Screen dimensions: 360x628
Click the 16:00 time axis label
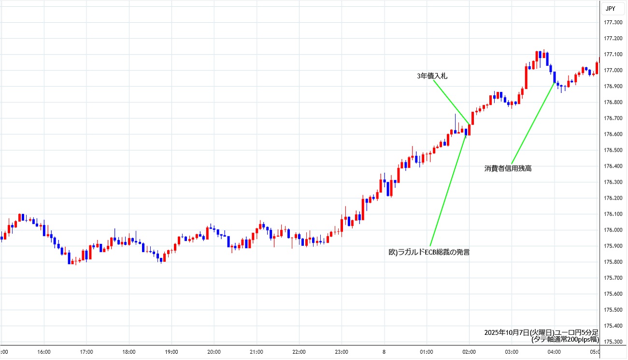pos(44,352)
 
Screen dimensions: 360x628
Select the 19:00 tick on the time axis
pos(171,352)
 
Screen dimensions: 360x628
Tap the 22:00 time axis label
pos(299,352)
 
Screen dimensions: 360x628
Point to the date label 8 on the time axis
pos(384,352)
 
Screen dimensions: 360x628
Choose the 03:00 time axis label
pos(512,352)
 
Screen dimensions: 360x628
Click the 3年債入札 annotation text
pos(433,76)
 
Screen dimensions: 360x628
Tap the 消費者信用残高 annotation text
pos(508,169)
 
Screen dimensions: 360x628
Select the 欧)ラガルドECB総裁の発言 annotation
pos(429,252)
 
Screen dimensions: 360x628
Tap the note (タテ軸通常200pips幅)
pos(565,340)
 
